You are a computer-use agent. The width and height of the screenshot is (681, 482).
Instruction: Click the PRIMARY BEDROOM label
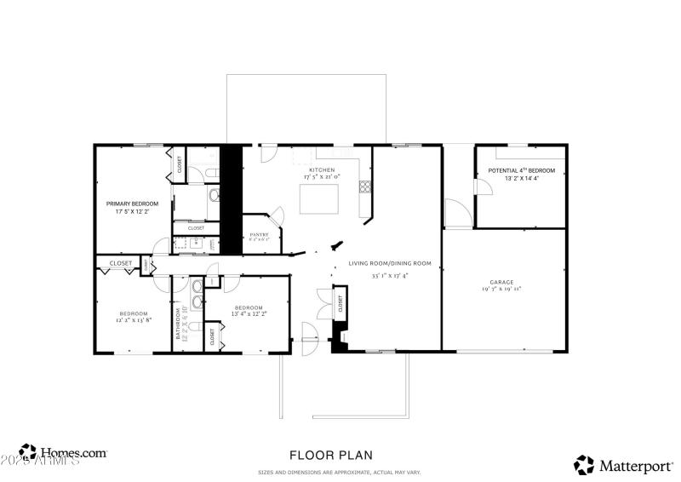(x=132, y=204)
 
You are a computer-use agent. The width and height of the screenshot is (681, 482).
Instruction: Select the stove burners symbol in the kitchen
(x=364, y=186)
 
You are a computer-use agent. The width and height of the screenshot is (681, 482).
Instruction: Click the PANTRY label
(x=260, y=234)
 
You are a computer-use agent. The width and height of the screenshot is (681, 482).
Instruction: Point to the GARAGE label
(x=501, y=282)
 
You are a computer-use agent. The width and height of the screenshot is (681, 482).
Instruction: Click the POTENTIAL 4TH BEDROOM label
(x=521, y=170)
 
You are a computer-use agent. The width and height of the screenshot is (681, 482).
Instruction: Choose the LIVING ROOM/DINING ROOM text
(x=390, y=263)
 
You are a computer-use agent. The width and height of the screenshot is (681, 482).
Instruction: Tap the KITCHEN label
(x=321, y=170)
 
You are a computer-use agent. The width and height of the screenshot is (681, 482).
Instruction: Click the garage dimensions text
(x=501, y=290)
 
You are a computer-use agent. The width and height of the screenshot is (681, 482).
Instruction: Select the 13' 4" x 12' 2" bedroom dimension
(x=249, y=314)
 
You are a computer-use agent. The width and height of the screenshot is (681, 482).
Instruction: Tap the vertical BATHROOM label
(x=179, y=324)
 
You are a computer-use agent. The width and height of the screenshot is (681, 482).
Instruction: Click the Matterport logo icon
(x=584, y=465)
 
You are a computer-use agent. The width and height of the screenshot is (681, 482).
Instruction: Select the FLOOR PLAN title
(x=330, y=456)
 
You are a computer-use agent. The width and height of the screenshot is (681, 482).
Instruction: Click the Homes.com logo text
(x=73, y=453)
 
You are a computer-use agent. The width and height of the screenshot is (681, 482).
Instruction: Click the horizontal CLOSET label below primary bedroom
(x=121, y=263)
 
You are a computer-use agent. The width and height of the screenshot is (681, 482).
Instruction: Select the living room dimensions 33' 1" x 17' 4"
(x=390, y=275)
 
